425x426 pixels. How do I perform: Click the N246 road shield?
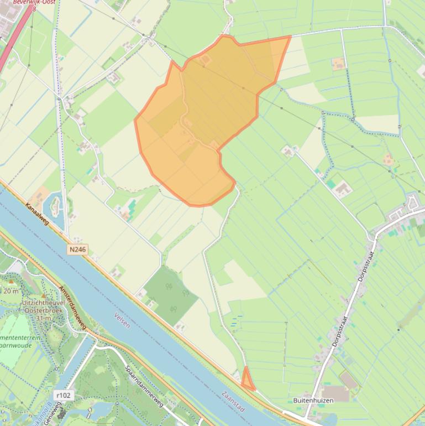77,250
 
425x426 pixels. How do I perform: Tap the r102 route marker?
64,395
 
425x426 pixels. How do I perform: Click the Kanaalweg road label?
36,214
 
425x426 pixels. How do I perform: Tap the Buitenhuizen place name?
313,400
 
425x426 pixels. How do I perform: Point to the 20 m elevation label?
11,290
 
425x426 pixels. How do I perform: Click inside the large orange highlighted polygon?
210,111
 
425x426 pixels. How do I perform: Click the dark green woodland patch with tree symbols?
171,296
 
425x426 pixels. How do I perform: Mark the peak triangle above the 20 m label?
11,282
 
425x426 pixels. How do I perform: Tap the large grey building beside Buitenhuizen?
349,381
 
